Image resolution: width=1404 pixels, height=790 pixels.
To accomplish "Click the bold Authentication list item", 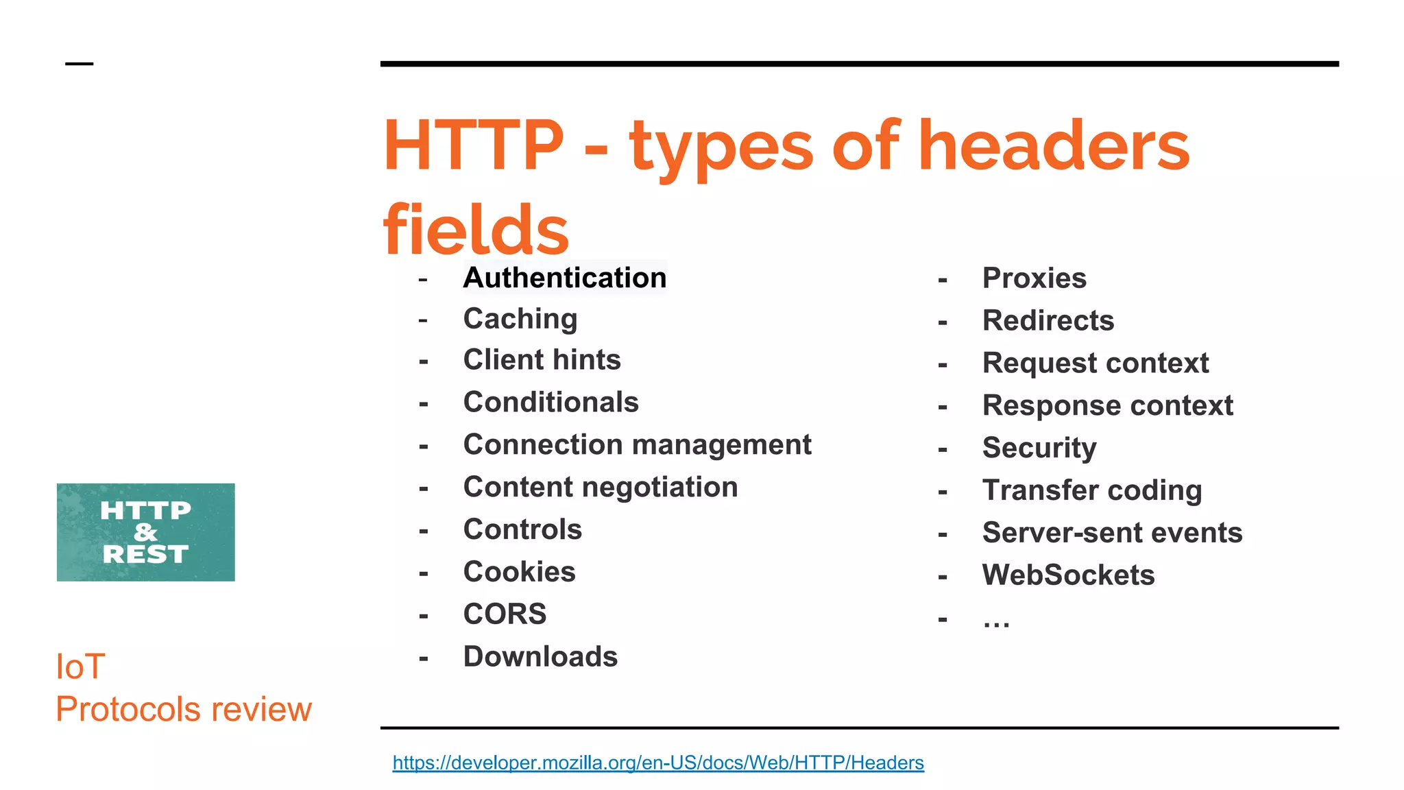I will pyautogui.click(x=565, y=278).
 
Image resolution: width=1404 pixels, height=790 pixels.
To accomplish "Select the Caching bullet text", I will pyautogui.click(x=520, y=319).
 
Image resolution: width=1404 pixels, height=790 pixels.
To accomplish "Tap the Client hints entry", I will pyautogui.click(x=542, y=360).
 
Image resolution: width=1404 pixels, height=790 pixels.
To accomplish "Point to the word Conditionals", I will pyautogui.click(x=550, y=403).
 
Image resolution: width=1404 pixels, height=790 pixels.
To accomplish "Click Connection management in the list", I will pyautogui.click(x=637, y=445).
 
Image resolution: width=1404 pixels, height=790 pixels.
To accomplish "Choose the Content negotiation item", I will pyautogui.click(x=601, y=488).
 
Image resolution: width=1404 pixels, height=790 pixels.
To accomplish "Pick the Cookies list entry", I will pyautogui.click(x=519, y=572).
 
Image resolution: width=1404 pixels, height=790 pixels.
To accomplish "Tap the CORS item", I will pyautogui.click(x=505, y=614).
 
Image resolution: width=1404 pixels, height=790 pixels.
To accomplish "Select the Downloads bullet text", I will pyautogui.click(x=540, y=657).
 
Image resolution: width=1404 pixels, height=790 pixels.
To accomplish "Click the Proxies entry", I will pyautogui.click(x=1034, y=278).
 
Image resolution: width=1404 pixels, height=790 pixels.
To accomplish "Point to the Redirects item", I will pyautogui.click(x=1048, y=321).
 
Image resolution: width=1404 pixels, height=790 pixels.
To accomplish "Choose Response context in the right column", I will pyautogui.click(x=1107, y=406).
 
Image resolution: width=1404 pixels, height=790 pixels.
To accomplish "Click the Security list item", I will pyautogui.click(x=1039, y=448).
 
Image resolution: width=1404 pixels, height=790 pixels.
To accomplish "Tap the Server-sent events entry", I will pyautogui.click(x=1112, y=533).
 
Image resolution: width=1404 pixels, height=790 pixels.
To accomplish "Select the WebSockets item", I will pyautogui.click(x=1068, y=575).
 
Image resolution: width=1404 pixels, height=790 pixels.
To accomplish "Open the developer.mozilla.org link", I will pyautogui.click(x=658, y=763).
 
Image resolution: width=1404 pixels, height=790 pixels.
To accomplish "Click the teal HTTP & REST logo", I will pyautogui.click(x=145, y=532).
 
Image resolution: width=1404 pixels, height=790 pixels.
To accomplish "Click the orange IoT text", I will pyautogui.click(x=80, y=667).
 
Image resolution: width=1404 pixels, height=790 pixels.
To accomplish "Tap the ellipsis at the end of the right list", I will pyautogui.click(x=996, y=621).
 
